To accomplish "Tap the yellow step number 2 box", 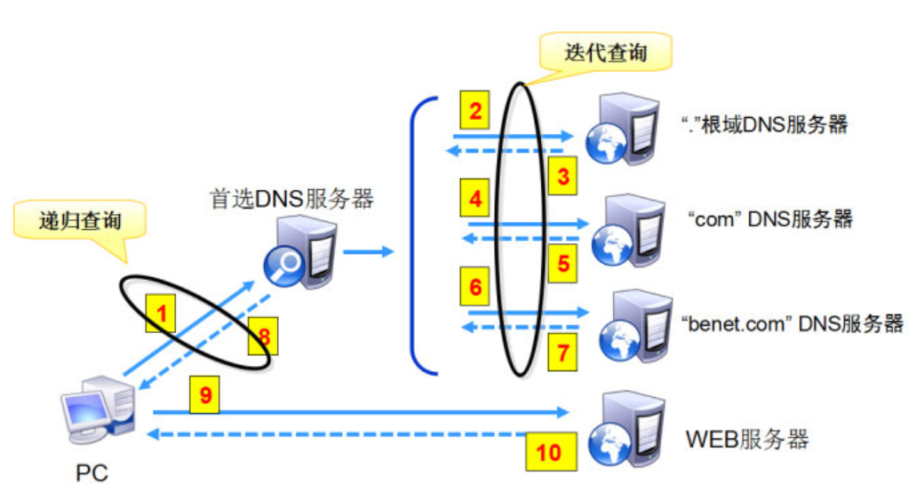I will tap(476, 112).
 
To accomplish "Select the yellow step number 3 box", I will tap(562, 177).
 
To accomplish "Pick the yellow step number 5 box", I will tap(562, 262).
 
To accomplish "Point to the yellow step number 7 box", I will tap(562, 353).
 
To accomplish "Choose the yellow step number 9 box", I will tap(205, 395).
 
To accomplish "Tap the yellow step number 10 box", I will tap(549, 451).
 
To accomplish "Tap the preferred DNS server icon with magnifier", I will tap(301, 252).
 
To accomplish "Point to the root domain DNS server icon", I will tap(626, 127).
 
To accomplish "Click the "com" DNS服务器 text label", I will tap(770, 218).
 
